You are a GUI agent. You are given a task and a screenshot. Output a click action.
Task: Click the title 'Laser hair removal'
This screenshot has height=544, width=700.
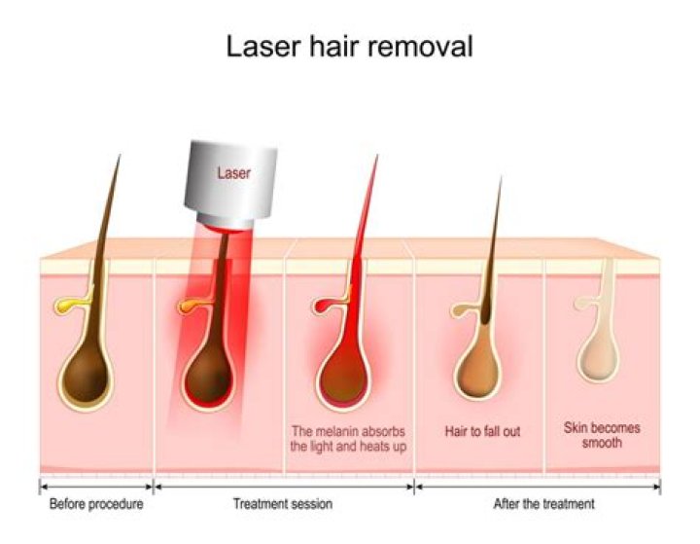(x=349, y=46)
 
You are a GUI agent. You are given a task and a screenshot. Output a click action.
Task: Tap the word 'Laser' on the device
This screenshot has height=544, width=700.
(x=232, y=173)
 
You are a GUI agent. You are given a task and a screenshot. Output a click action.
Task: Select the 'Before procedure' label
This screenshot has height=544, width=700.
(x=96, y=504)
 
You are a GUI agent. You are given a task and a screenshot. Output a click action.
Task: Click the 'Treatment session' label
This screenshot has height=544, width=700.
(x=283, y=504)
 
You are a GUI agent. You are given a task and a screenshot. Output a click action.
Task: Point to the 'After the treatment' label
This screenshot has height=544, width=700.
(x=544, y=504)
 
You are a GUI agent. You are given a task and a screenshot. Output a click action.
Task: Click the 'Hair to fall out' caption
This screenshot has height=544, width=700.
(x=482, y=430)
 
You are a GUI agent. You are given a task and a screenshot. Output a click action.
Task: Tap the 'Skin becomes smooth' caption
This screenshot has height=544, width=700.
(x=603, y=435)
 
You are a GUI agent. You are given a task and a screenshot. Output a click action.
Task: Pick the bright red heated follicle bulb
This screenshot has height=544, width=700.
(x=345, y=370)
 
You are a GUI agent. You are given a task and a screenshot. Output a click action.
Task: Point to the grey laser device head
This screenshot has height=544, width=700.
(x=233, y=185)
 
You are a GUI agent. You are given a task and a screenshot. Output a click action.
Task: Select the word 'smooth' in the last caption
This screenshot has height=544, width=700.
(x=603, y=443)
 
